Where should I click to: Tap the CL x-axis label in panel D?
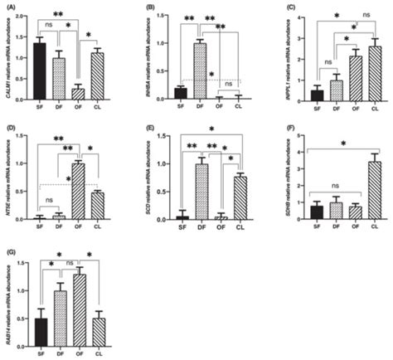pyautogui.click(x=98, y=228)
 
